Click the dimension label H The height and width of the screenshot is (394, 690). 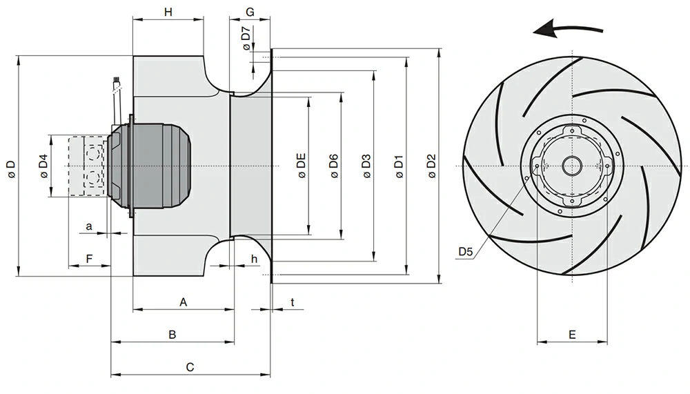pyautogui.click(x=168, y=12)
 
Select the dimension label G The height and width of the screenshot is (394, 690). pyautogui.click(x=250, y=12)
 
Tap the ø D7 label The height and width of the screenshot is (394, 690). pyautogui.click(x=246, y=38)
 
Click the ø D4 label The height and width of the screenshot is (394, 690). pyautogui.click(x=43, y=166)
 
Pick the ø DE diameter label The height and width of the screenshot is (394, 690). pyautogui.click(x=302, y=166)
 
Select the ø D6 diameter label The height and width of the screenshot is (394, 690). pyautogui.click(x=334, y=166)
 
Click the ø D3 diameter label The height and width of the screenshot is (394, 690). pyautogui.click(x=366, y=166)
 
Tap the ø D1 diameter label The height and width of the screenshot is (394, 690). pyautogui.click(x=399, y=166)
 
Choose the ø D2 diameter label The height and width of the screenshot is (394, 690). pyautogui.click(x=432, y=166)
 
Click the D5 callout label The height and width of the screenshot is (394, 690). pyautogui.click(x=466, y=253)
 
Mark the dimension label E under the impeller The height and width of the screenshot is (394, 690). pyautogui.click(x=572, y=335)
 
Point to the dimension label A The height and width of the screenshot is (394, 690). pyautogui.click(x=183, y=302)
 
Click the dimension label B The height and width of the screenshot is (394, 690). pyautogui.click(x=172, y=335)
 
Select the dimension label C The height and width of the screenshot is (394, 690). pyautogui.click(x=190, y=367)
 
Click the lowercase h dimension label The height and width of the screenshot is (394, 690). pyautogui.click(x=254, y=258)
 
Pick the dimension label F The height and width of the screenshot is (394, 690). pyautogui.click(x=88, y=258)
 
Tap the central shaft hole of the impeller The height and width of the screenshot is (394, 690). pyautogui.click(x=572, y=166)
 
